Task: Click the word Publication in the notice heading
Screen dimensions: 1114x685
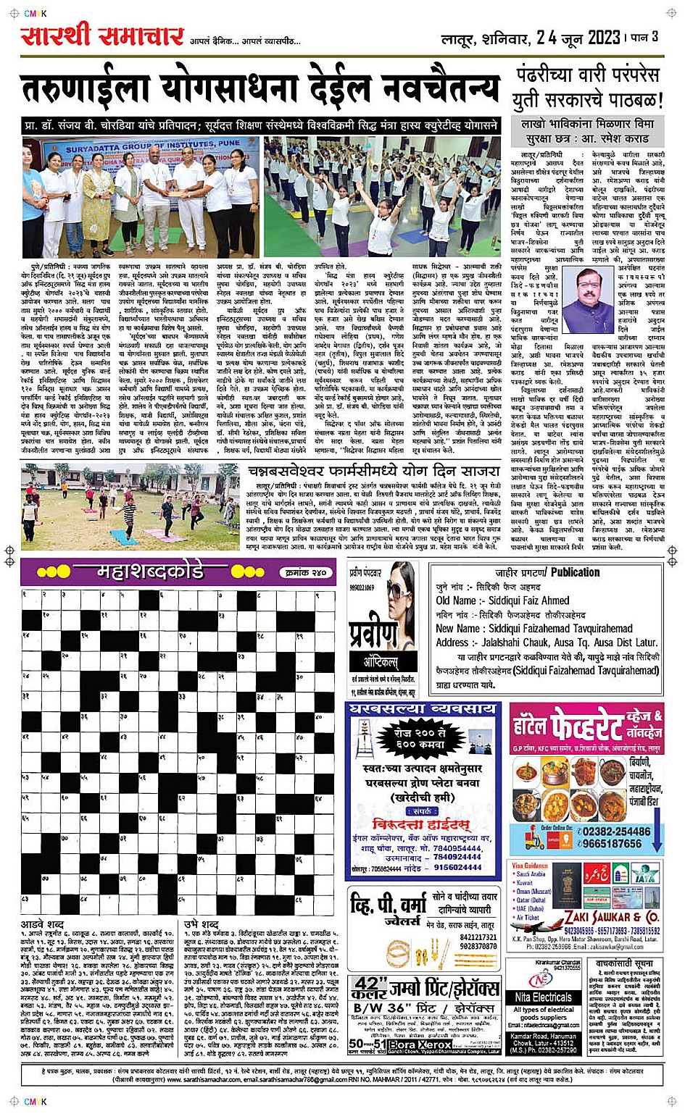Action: [575, 571]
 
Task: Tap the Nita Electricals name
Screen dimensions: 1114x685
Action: [544, 997]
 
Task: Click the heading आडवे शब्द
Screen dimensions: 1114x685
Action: [42, 925]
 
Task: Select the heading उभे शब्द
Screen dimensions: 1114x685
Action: [201, 925]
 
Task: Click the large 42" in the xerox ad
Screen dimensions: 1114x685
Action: [369, 988]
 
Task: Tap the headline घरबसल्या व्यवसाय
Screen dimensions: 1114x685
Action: [422, 709]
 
